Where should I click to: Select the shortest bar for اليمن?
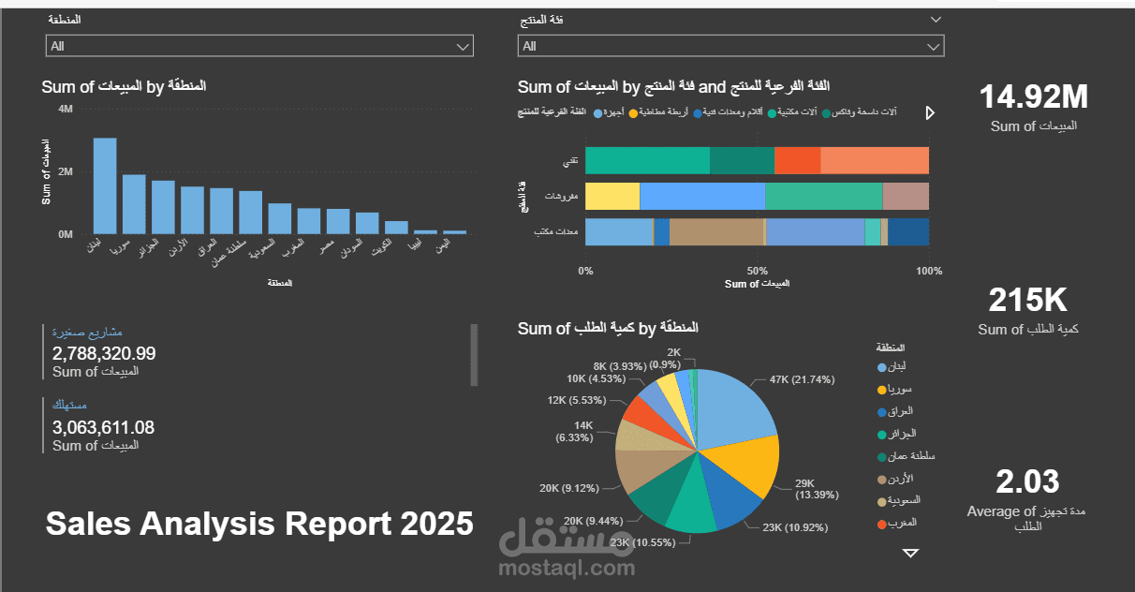[455, 231]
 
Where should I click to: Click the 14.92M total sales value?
[1034, 96]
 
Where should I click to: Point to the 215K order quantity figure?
[1028, 301]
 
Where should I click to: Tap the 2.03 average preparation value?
[1027, 481]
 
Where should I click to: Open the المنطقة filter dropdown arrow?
[463, 46]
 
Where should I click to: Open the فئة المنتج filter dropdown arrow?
[933, 46]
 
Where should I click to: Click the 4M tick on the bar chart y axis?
[66, 110]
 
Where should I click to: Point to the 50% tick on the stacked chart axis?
[759, 272]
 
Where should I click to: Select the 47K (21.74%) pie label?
[803, 379]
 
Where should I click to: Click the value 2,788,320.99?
[104, 354]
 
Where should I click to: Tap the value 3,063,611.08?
[104, 428]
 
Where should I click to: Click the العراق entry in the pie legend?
[900, 411]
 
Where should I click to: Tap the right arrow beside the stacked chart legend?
[930, 112]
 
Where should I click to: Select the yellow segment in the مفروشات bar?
[612, 196]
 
